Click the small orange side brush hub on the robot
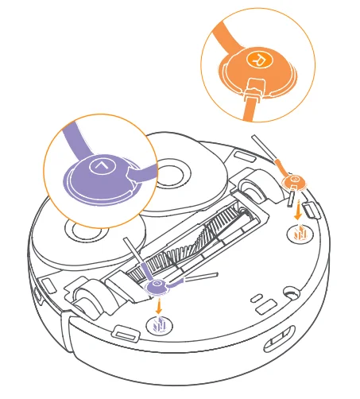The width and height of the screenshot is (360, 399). click(294, 183)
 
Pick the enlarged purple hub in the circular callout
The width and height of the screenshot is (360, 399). click(95, 175)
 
